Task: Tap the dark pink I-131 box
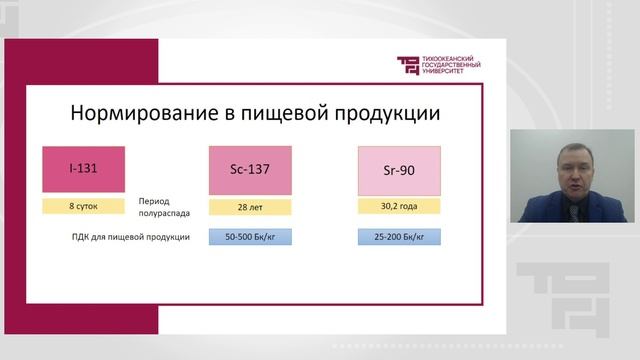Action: [x=83, y=170]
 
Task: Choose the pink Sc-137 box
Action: [x=249, y=171]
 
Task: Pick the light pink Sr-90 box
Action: [x=399, y=171]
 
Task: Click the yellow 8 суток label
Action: [x=83, y=206]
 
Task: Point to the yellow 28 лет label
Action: [x=249, y=207]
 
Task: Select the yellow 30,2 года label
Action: [x=399, y=207]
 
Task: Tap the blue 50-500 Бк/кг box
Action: [x=249, y=237]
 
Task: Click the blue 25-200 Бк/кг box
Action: [x=399, y=237]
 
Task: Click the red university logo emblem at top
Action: [x=410, y=65]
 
